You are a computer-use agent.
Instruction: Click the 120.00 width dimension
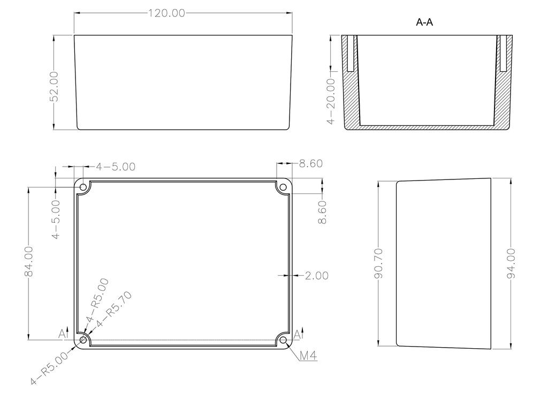coord(167,13)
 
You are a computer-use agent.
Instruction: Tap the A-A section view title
coord(424,22)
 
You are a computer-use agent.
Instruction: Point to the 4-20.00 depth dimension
coord(330,101)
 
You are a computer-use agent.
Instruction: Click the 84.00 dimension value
coord(29,261)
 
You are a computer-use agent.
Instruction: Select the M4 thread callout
coord(309,356)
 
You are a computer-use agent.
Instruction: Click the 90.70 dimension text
coord(378,264)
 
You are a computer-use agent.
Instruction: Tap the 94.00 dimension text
coord(511,264)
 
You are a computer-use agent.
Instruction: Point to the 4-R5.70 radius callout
coord(115,309)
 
